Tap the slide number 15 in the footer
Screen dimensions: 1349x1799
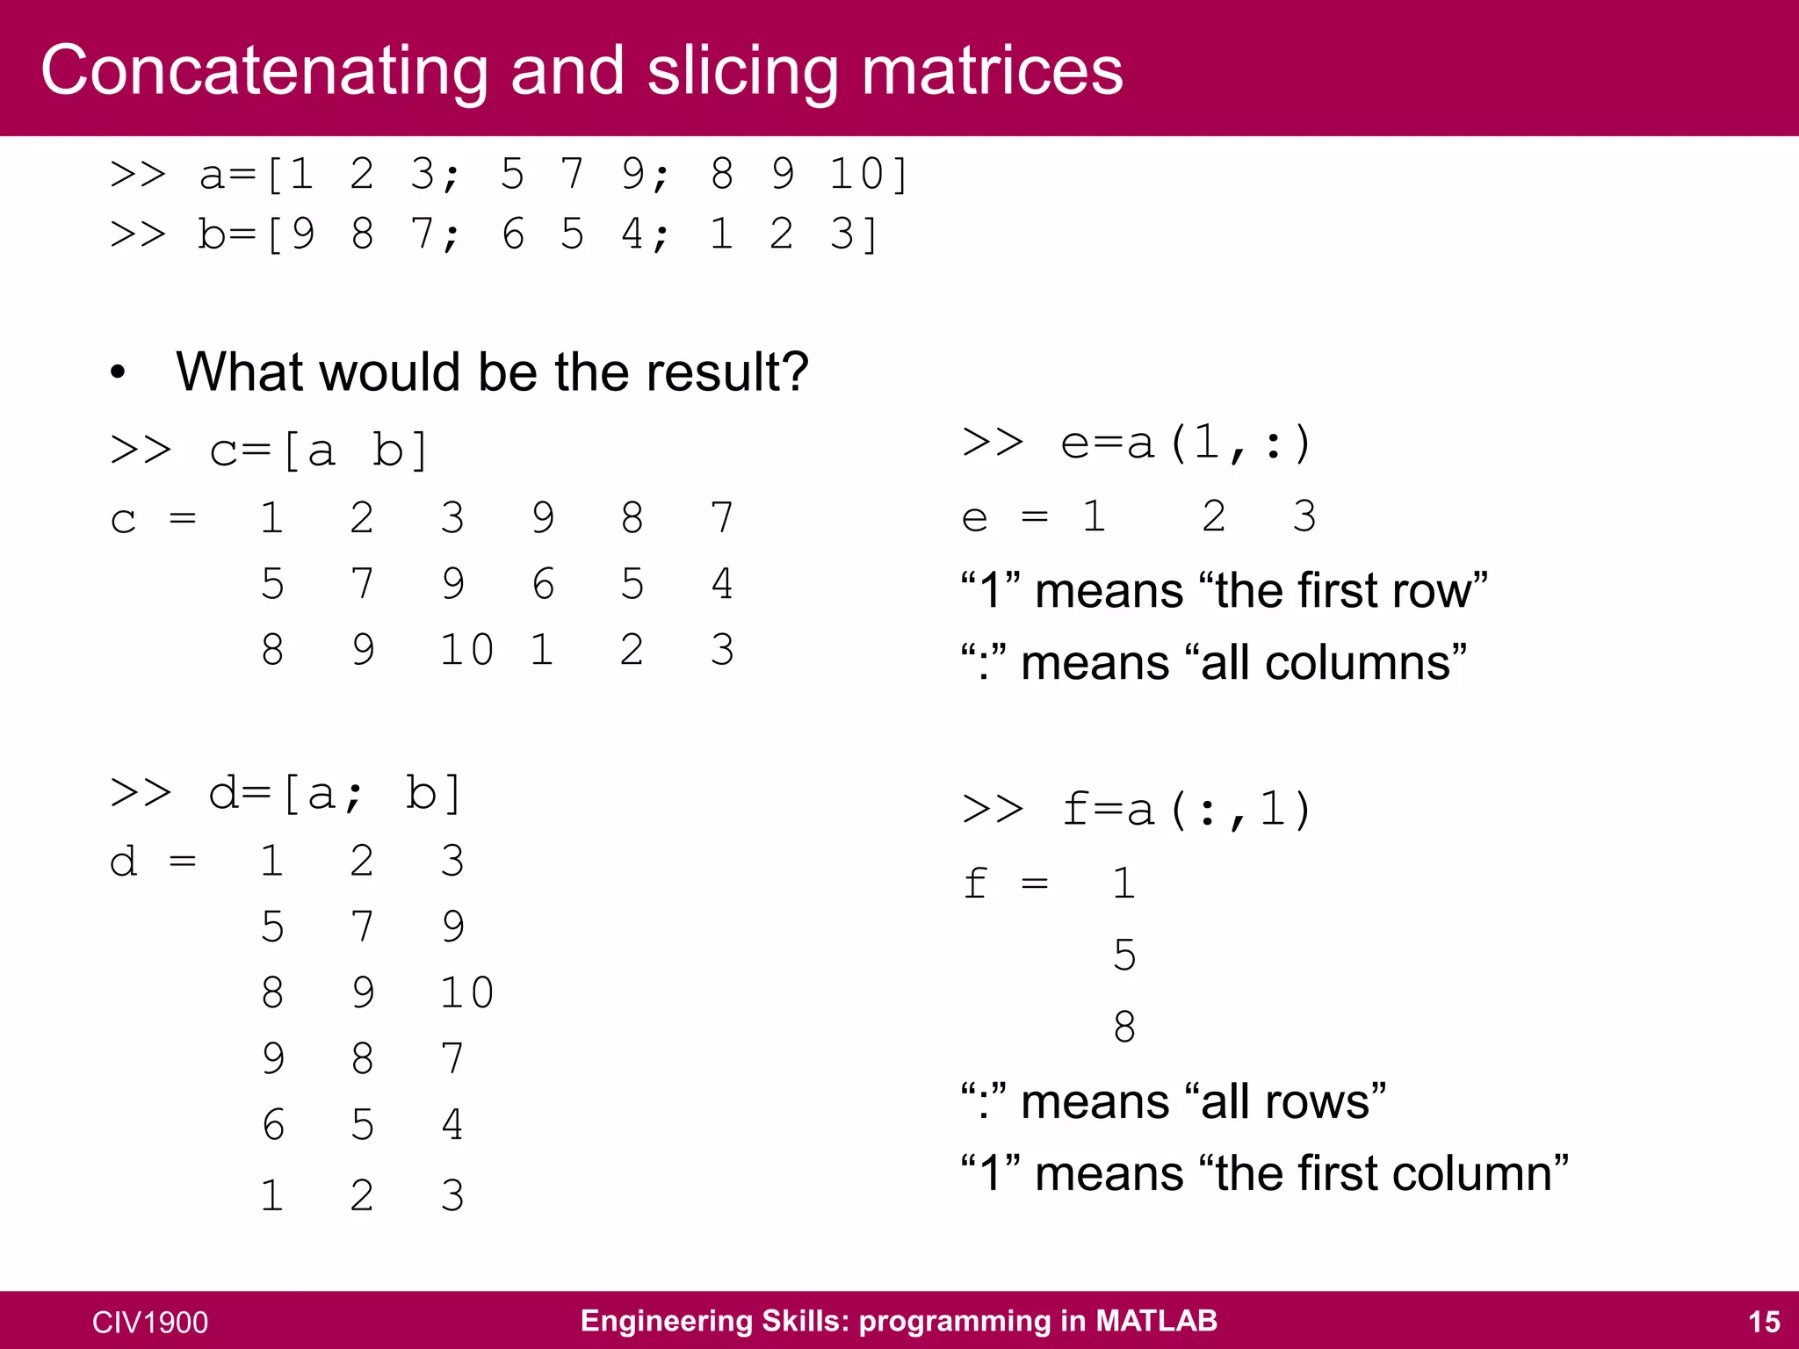[x=1764, y=1322]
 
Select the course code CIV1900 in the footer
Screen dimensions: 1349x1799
[x=150, y=1323]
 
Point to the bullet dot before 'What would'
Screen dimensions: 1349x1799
[x=119, y=372]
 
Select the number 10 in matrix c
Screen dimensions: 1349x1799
[x=466, y=650]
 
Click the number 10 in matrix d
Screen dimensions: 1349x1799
[x=466, y=992]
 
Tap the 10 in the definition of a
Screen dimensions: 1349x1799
[x=857, y=174]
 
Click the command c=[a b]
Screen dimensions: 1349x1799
[x=318, y=451]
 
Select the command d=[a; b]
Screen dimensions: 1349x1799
[x=334, y=793]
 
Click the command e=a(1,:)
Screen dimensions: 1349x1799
[x=1186, y=443]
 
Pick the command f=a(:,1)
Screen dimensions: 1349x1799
[x=1186, y=809]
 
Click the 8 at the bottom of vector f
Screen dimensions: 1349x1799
[x=1124, y=1026]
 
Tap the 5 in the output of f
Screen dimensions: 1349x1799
[x=1124, y=955]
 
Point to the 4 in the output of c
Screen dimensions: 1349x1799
[x=722, y=584]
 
